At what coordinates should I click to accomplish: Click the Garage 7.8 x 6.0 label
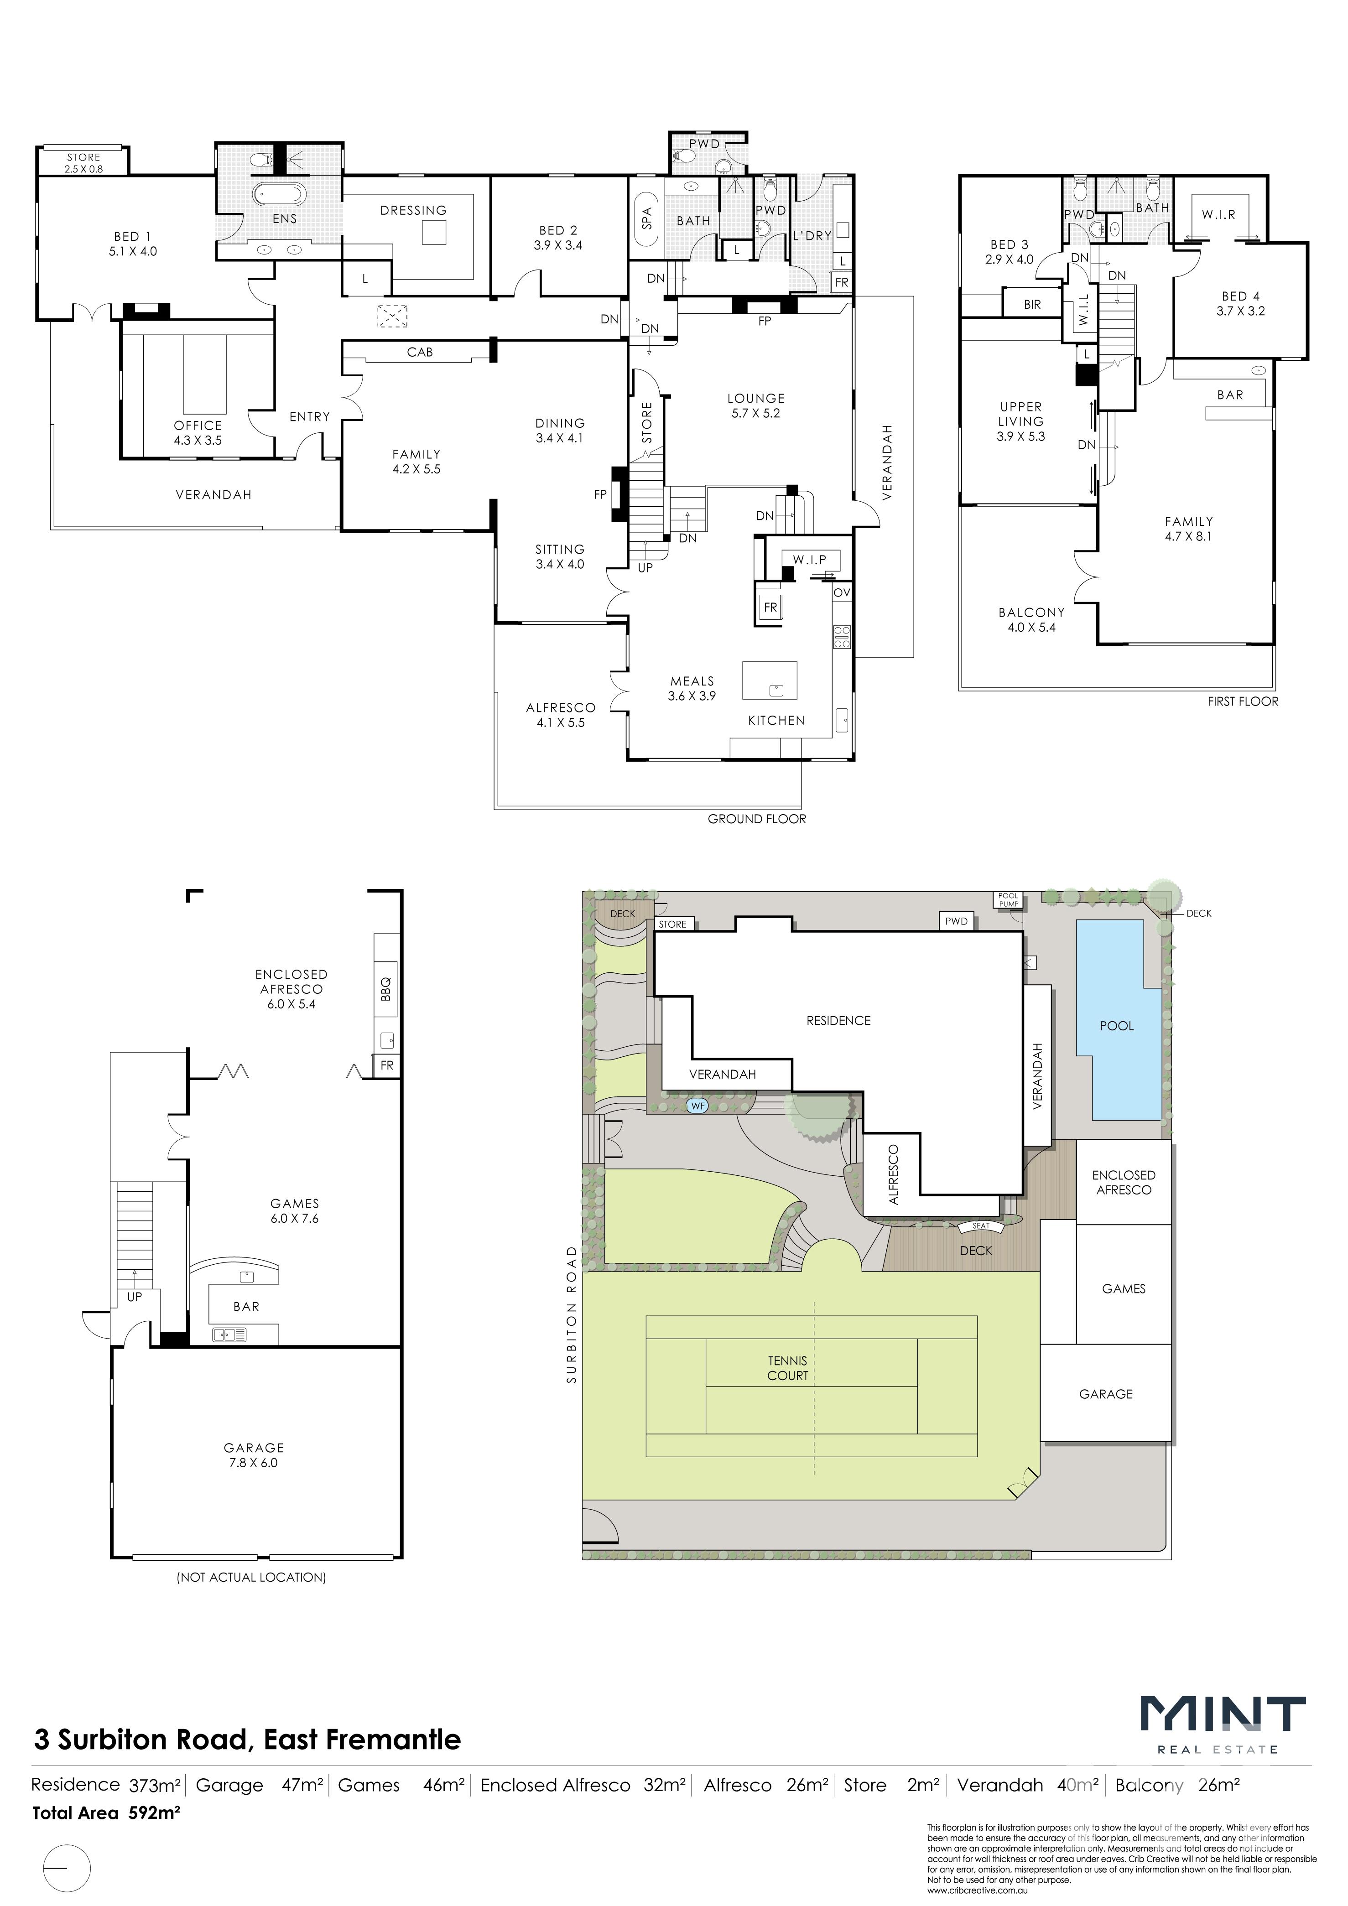click(253, 1455)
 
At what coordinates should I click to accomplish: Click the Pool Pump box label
click(1009, 900)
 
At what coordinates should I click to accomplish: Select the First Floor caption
click(1243, 701)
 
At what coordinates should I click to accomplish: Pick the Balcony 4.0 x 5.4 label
click(1031, 620)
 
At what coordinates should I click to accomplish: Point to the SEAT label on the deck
click(981, 1226)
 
